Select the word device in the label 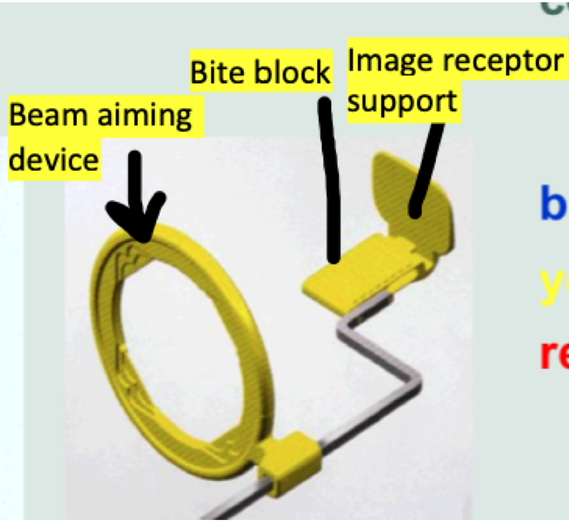(x=54, y=160)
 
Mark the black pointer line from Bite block (x=330, y=180)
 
